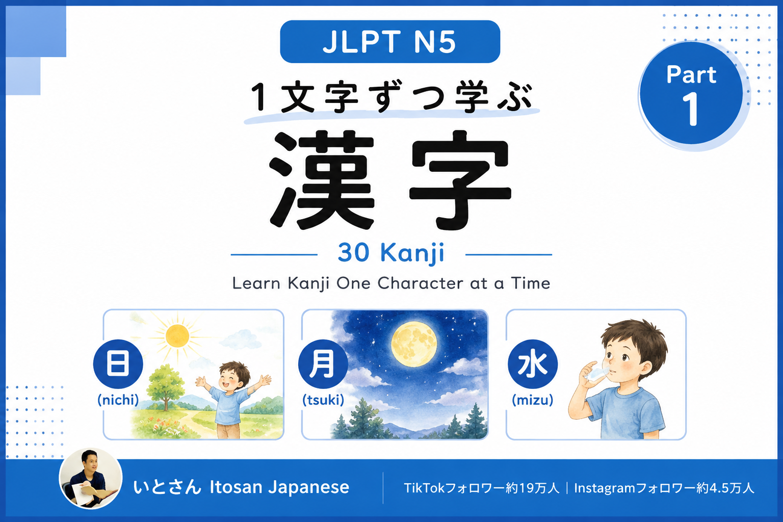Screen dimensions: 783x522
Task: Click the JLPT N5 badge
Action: tap(390, 42)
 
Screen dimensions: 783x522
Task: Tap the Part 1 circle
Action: tap(691, 93)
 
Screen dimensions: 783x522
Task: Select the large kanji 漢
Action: tap(322, 180)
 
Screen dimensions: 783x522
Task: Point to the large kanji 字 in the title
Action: tap(460, 180)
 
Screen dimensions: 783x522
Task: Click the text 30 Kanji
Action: tap(391, 253)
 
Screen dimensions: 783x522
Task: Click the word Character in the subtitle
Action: tap(421, 283)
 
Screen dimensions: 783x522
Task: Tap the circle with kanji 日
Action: tap(118, 363)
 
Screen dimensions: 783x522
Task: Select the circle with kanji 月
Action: tap(323, 363)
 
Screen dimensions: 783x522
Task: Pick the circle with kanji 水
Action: tap(533, 363)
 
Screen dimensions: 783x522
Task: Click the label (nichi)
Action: tap(118, 400)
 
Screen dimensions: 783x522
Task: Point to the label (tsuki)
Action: tap(323, 400)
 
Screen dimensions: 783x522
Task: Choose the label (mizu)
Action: tap(533, 400)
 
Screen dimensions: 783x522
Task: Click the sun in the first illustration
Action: tap(177, 336)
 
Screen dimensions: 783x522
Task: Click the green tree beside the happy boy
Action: tap(165, 386)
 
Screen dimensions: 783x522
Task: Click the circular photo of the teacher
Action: tap(91, 478)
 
